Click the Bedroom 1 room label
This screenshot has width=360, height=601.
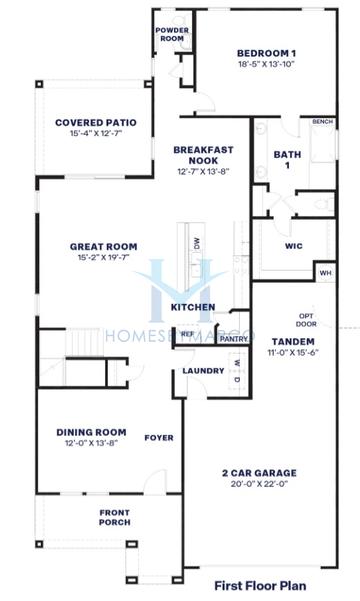coord(266,53)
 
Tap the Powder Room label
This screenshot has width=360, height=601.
coord(172,34)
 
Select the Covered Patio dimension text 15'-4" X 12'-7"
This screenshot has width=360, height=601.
coord(96,133)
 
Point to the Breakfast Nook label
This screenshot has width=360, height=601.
coord(203,155)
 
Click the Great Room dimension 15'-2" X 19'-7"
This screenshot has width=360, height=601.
coord(104,257)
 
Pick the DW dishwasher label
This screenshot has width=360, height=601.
coord(197,243)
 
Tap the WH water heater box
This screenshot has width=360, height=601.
coord(325,273)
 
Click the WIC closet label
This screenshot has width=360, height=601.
coord(294,246)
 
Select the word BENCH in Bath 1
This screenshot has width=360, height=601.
coord(322,122)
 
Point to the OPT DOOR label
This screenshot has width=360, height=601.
coord(306,320)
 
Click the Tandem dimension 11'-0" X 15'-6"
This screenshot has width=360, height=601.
coord(293,353)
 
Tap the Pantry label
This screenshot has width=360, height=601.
coord(234,339)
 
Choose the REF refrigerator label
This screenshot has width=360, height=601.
coord(187,334)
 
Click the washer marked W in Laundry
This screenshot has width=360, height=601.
coord(237,363)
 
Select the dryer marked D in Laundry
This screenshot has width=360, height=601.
coord(237,380)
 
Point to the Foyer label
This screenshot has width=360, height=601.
coord(159,438)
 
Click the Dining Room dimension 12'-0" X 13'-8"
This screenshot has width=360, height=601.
coord(91,443)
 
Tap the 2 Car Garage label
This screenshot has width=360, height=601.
coord(259,473)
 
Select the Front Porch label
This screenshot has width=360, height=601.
coord(115,517)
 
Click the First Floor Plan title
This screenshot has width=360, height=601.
coord(260,586)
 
